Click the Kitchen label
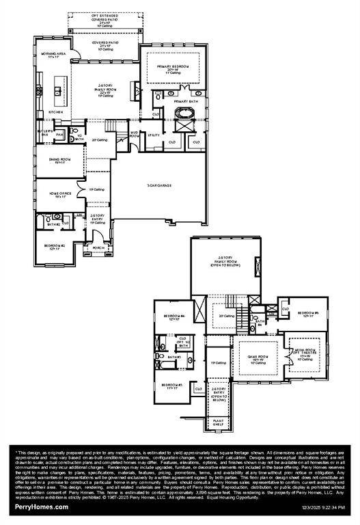55,111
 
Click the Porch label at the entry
98,247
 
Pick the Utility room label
154,135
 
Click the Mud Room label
135,134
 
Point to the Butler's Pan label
45,132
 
